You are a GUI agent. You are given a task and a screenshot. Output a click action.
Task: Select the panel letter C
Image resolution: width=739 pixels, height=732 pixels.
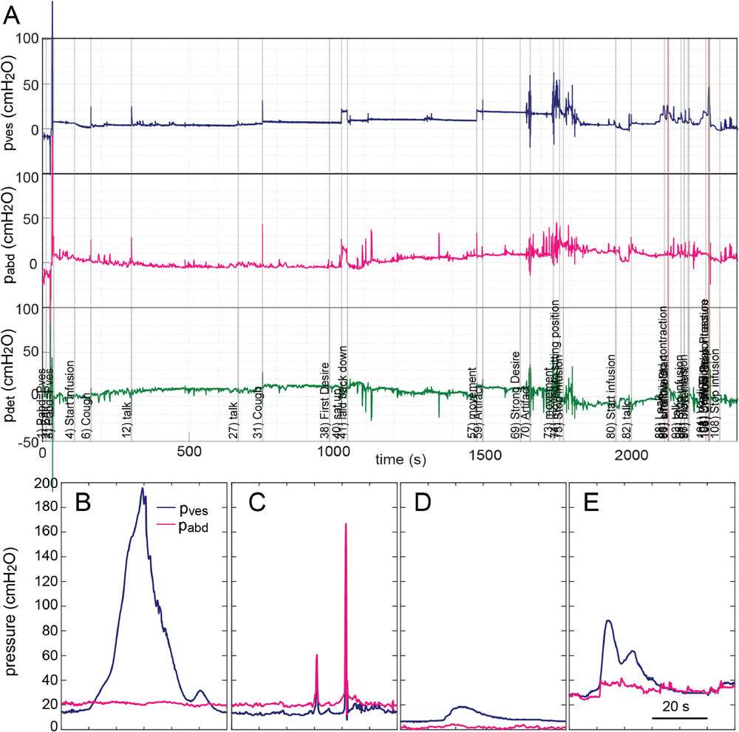pyautogui.click(x=256, y=505)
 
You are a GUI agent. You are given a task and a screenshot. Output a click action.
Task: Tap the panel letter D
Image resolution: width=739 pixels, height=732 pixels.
pyautogui.click(x=423, y=505)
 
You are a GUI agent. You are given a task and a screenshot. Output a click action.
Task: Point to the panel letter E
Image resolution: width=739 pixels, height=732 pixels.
pyautogui.click(x=590, y=505)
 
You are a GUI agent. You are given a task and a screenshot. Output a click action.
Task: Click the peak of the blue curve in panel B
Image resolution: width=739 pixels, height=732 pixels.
pyautogui.click(x=143, y=488)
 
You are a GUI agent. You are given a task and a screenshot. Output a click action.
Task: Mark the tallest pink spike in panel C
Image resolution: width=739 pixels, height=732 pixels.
pyautogui.click(x=345, y=523)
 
